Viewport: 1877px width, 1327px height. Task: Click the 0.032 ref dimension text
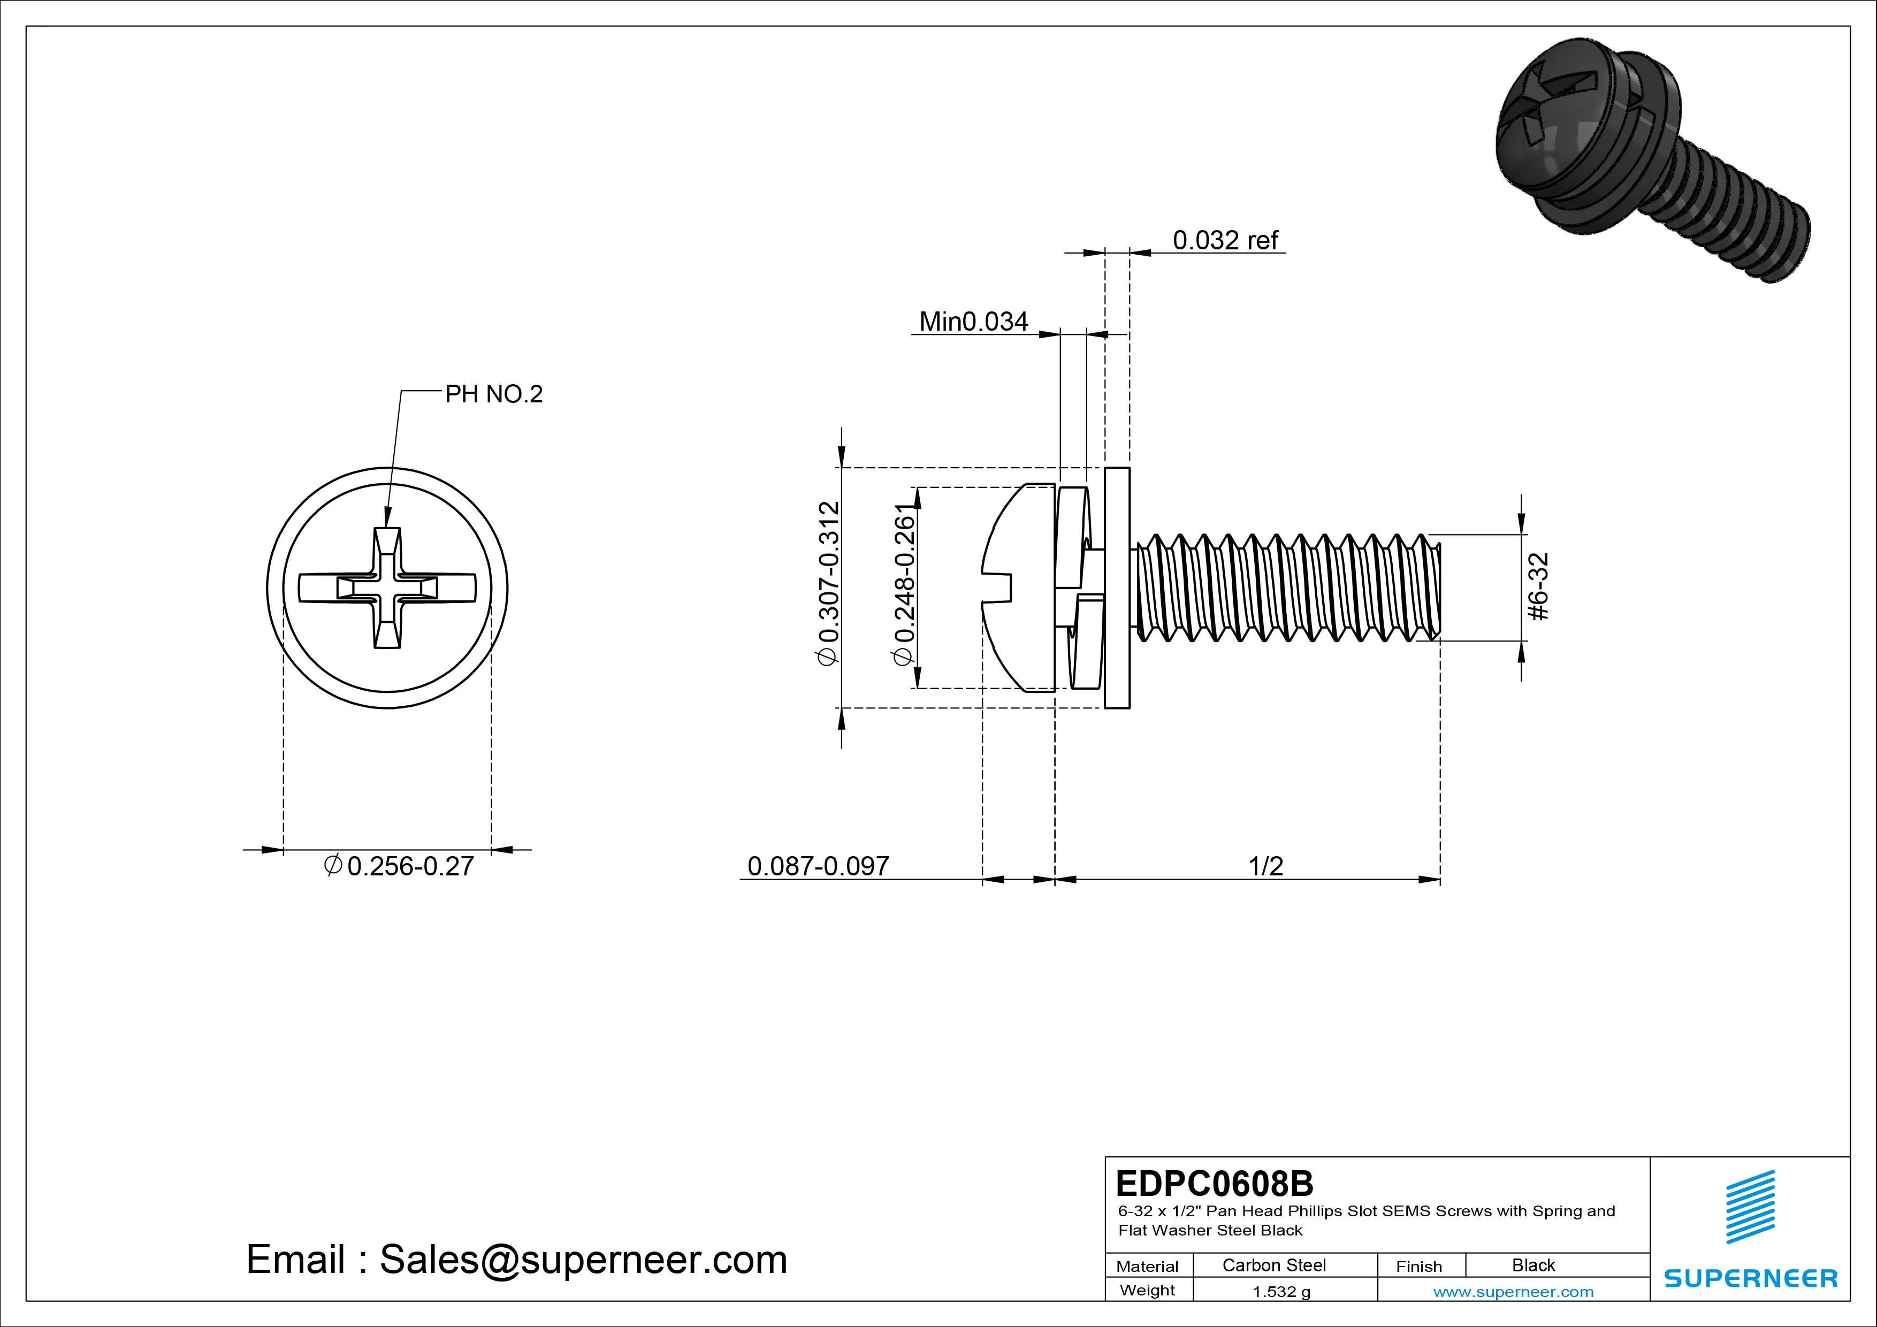(x=1225, y=240)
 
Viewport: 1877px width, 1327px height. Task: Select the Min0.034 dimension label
(x=973, y=322)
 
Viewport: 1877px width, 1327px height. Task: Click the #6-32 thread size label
(x=1538, y=587)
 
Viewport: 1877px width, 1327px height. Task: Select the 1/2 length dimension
(x=1265, y=865)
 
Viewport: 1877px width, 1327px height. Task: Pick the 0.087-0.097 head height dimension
(x=818, y=865)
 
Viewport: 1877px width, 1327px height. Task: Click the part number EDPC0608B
(x=1214, y=1183)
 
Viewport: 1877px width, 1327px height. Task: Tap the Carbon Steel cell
(x=1273, y=1265)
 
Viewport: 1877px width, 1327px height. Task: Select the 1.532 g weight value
(x=1281, y=1292)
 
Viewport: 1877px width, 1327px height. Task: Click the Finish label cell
(x=1418, y=1267)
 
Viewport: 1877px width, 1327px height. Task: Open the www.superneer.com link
(x=1513, y=1292)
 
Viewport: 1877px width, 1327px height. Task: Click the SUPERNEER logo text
(x=1750, y=1278)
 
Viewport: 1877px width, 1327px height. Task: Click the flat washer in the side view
(x=1117, y=588)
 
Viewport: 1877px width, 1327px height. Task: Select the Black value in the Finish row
(x=1533, y=1265)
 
